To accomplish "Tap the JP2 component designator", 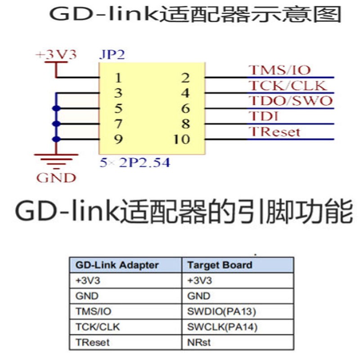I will [111, 55].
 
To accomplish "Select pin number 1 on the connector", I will [118, 78].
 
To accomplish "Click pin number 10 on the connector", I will [181, 139].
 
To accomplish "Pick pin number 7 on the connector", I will [118, 124].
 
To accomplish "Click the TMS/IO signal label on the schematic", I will [280, 70].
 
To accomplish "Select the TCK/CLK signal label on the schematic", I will [287, 85].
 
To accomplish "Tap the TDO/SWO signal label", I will [290, 101].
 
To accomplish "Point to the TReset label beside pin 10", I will [274, 132].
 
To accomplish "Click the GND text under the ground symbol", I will [56, 177].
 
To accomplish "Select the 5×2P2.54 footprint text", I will [135, 162].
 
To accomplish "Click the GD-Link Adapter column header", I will [117, 265].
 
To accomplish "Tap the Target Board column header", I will [220, 265].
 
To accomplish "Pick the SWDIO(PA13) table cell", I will [217, 311].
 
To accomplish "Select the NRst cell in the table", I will [198, 342].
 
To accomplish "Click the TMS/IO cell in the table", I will [93, 311].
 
